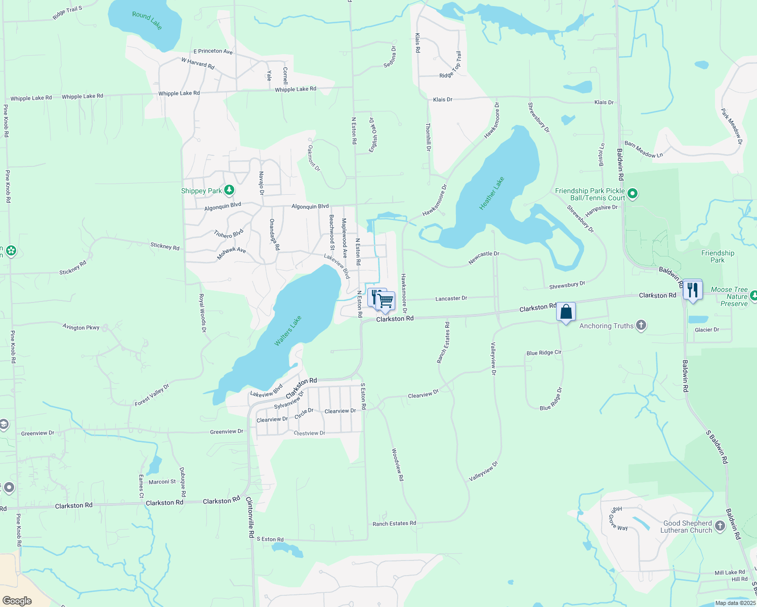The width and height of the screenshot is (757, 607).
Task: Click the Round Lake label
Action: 147,20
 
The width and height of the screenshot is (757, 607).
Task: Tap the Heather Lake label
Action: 492,194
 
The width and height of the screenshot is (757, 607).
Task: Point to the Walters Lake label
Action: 288,331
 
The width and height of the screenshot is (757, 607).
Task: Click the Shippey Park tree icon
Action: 229,190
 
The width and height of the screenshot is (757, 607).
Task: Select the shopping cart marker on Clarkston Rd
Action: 386,301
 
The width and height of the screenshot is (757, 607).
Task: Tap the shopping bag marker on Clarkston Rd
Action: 566,312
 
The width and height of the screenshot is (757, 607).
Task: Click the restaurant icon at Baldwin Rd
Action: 692,290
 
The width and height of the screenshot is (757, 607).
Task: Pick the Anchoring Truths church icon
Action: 641,325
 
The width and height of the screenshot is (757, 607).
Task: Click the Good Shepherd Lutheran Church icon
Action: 720,527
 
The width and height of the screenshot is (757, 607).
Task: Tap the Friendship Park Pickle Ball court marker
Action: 633,194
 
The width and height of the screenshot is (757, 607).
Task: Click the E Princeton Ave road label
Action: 213,51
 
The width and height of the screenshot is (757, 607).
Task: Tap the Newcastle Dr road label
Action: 484,257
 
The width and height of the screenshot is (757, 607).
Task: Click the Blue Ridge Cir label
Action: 544,353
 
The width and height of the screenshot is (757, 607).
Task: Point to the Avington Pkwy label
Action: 81,327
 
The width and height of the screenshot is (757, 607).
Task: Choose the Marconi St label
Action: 162,482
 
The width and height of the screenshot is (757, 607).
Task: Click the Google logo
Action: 17,601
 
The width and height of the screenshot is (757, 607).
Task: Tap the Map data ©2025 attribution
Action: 735,603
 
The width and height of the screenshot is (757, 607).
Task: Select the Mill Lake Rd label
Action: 730,573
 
